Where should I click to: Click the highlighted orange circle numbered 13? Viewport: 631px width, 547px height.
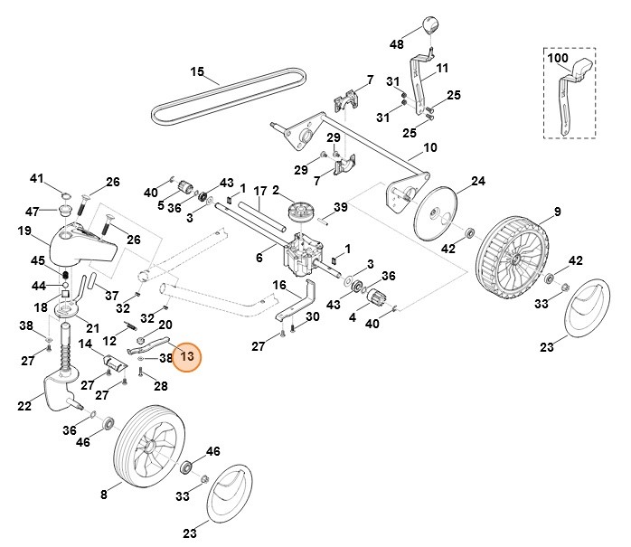tap(187, 357)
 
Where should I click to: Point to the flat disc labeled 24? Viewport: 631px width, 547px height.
tap(437, 213)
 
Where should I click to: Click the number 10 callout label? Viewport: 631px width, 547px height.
tap(429, 146)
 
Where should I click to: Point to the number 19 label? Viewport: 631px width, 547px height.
tap(24, 231)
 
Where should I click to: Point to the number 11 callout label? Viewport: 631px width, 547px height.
tap(442, 69)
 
